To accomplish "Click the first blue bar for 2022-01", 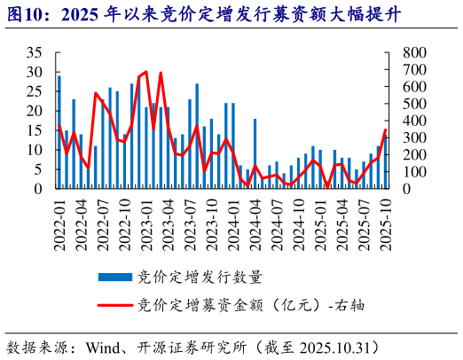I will [x=59, y=132].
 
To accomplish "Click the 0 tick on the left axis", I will [x=39, y=188].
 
